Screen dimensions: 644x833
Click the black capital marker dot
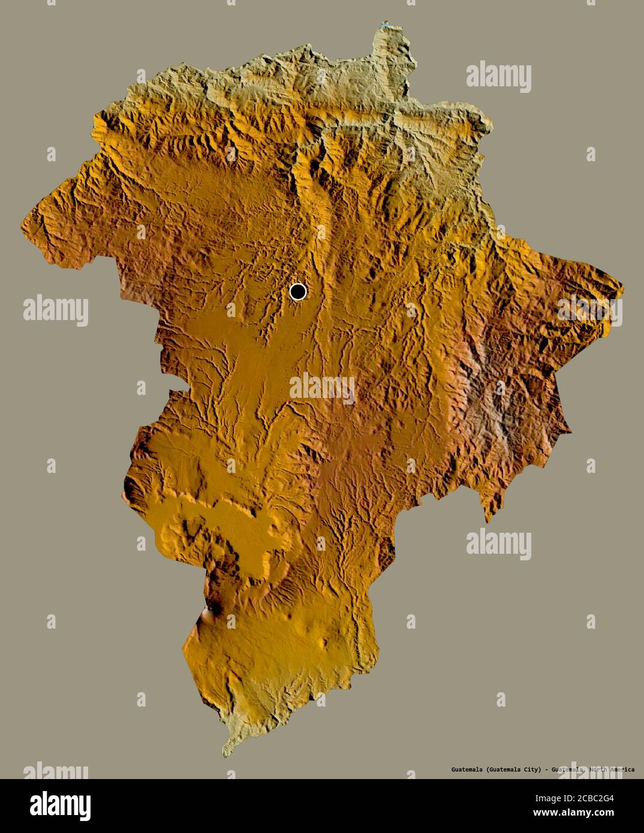[x=297, y=292]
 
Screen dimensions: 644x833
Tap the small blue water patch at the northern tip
[x=384, y=25]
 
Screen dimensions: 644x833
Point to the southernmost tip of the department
[x=225, y=754]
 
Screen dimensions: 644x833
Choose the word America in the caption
[x=623, y=769]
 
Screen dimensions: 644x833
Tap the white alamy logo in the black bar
[x=60, y=805]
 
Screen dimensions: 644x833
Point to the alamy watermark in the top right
[x=498, y=76]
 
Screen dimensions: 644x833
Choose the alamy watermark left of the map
[x=56, y=310]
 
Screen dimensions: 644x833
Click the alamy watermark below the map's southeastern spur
[x=498, y=543]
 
